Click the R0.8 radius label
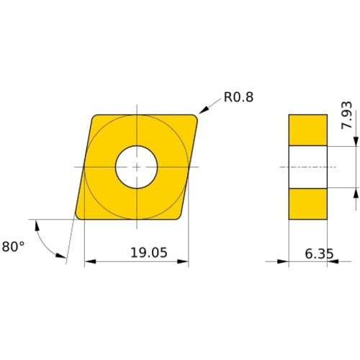[x=238, y=97]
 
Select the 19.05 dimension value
[x=149, y=253]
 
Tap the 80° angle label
[x=13, y=246]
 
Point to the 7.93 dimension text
[x=347, y=115]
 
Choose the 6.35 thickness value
[x=319, y=253]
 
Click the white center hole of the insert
[x=136, y=167]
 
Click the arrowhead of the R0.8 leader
[x=203, y=111]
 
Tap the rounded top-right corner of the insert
[x=195, y=117]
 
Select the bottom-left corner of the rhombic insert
[x=78, y=217]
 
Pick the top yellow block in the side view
[x=308, y=130]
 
